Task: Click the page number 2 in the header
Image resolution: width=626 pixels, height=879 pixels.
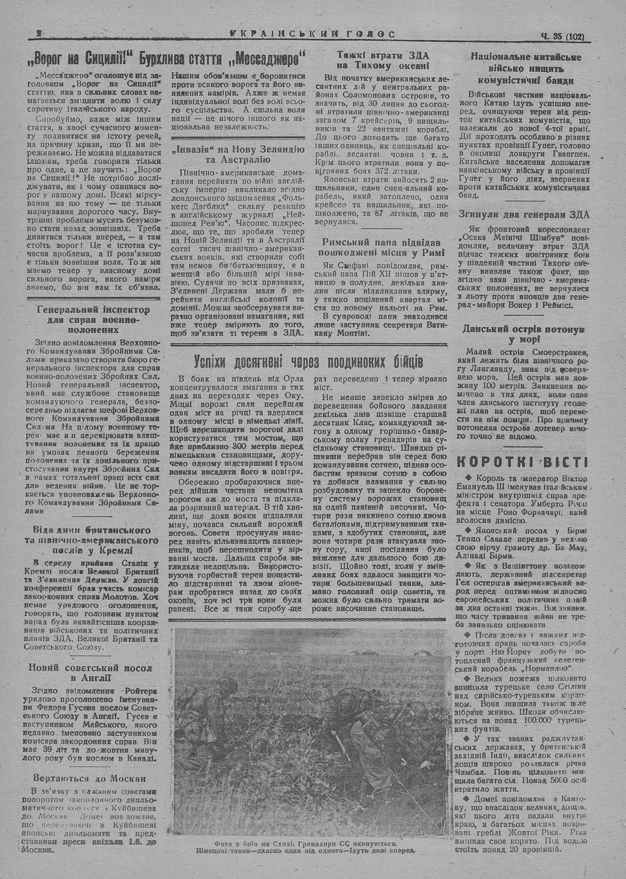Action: tap(39, 36)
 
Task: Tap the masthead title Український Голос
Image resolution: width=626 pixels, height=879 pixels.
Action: tap(312, 35)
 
